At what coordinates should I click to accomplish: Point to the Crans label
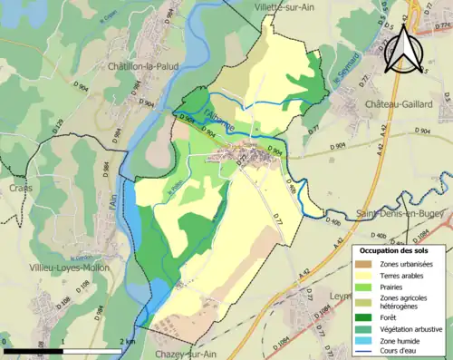[x=23, y=188]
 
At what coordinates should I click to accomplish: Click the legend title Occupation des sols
[x=396, y=249]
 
